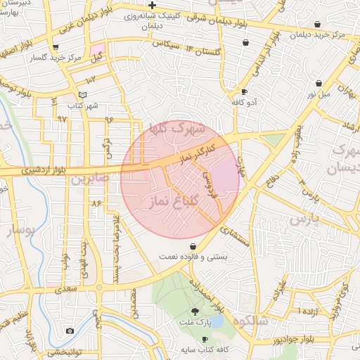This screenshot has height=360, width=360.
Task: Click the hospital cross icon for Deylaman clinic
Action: pyautogui.click(x=152, y=5)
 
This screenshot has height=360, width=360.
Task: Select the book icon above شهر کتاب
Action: pyautogui.click(x=83, y=95)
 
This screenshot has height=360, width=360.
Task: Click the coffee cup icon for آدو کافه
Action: pyautogui.click(x=244, y=91)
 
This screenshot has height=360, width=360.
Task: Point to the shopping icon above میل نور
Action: pyautogui.click(x=319, y=83)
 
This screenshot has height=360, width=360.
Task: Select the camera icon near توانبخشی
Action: pyautogui.click(x=70, y=330)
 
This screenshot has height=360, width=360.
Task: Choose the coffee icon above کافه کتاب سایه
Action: pyautogui.click(x=205, y=338)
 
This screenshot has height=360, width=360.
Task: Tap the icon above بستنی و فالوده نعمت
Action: pyautogui.click(x=193, y=246)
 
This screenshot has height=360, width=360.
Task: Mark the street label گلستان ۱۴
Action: pyautogui.click(x=202, y=50)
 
